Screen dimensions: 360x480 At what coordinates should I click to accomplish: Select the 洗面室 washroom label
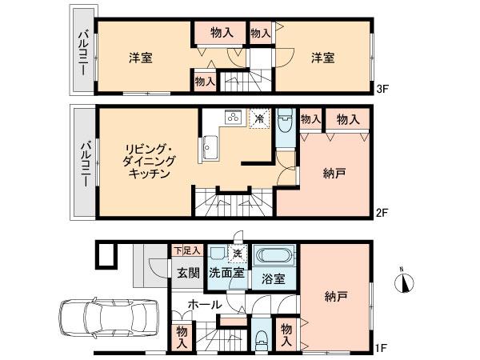(226, 272)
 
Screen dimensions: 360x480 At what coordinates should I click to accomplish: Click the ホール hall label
(204, 305)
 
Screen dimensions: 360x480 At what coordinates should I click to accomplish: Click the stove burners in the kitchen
(233, 118)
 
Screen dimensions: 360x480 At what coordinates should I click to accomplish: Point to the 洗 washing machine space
(237, 254)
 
